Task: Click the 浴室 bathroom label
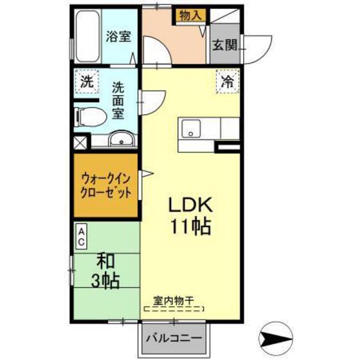click(x=118, y=37)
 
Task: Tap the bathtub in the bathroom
click(x=87, y=36)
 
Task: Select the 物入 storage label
click(x=190, y=15)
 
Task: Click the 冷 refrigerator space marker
click(x=228, y=81)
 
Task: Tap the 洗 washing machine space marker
click(x=87, y=81)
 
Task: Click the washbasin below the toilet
click(x=122, y=138)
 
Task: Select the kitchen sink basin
click(x=191, y=129)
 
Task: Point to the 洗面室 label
click(x=118, y=100)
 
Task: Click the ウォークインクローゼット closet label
click(x=106, y=186)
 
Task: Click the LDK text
click(x=190, y=205)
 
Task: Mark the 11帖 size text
click(x=190, y=226)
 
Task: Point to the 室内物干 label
click(x=174, y=300)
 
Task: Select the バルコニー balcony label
click(x=174, y=337)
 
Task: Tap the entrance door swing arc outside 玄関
click(x=264, y=51)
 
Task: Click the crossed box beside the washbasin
click(x=80, y=143)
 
